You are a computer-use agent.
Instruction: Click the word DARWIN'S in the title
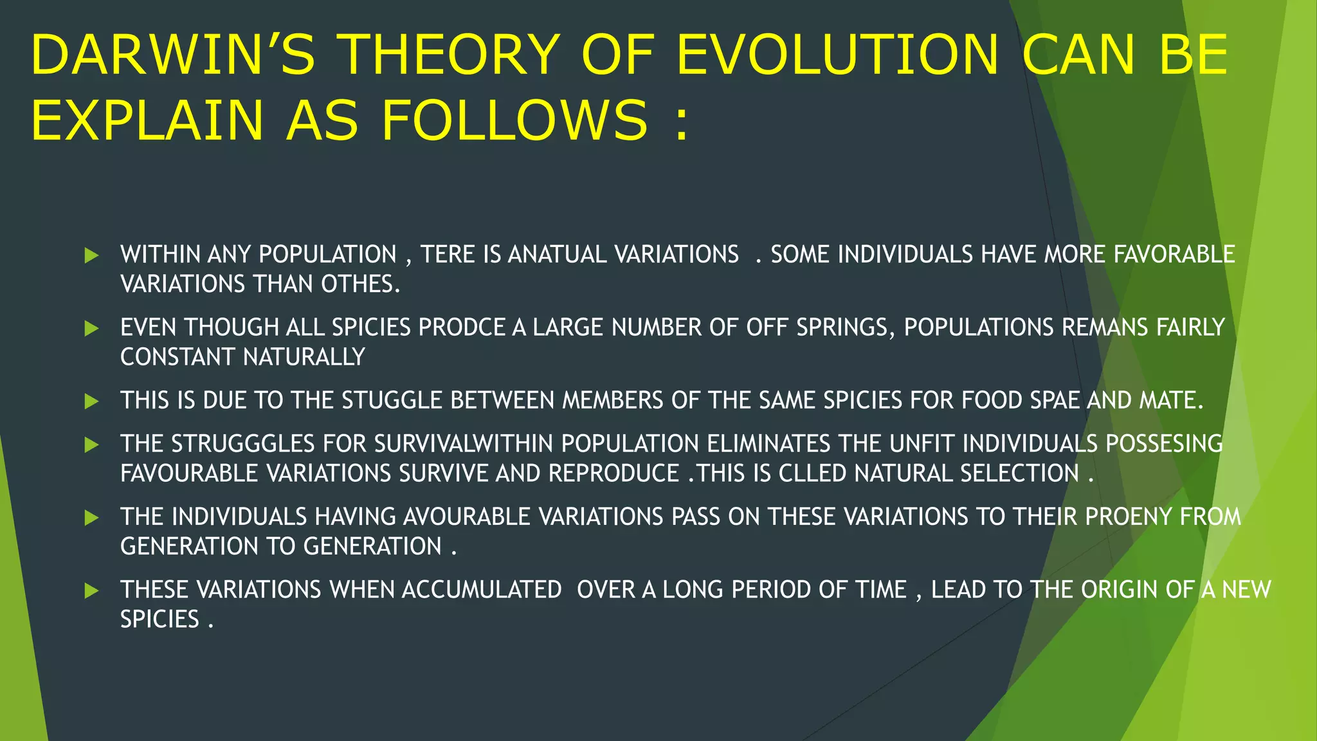172,55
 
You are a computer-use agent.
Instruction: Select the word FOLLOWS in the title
514,120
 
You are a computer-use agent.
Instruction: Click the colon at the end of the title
682,123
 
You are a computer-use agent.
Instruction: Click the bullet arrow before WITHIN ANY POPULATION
91,255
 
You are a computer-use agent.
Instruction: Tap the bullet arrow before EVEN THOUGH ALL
91,329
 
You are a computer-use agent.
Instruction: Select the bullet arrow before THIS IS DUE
91,401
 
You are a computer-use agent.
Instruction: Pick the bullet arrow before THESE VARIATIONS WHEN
91,590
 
